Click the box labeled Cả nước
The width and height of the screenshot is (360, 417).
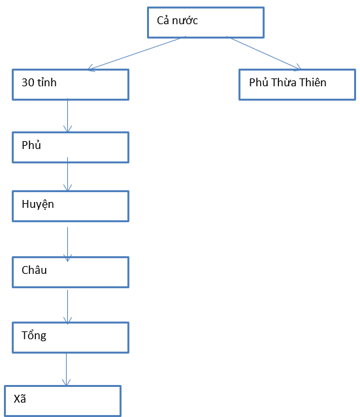click(205, 22)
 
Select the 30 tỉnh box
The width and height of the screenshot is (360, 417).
click(71, 84)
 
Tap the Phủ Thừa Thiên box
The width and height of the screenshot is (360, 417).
click(297, 84)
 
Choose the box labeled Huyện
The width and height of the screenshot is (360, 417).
click(71, 206)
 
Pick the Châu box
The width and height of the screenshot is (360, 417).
click(71, 271)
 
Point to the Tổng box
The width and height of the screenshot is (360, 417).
click(71, 337)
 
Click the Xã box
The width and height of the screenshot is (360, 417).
click(63, 401)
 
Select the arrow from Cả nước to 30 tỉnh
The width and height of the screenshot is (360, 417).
click(134, 53)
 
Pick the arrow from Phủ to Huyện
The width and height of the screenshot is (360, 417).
click(68, 176)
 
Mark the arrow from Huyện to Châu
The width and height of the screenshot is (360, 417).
click(67, 244)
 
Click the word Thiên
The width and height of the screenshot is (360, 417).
click(312, 82)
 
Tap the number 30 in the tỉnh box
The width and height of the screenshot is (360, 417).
click(27, 83)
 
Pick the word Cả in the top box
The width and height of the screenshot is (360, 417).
click(163, 21)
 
